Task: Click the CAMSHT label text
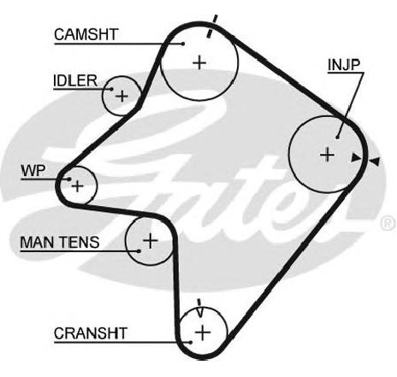pyautogui.click(x=86, y=34)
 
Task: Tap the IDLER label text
pyautogui.click(x=75, y=80)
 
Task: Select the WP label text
pyautogui.click(x=33, y=171)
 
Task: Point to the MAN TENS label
pyautogui.click(x=60, y=242)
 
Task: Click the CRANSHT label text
pyautogui.click(x=91, y=333)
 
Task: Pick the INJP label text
pyautogui.click(x=344, y=65)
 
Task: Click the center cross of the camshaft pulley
pyautogui.click(x=199, y=62)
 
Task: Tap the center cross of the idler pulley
pyautogui.click(x=122, y=96)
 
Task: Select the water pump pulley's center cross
pyautogui.click(x=77, y=186)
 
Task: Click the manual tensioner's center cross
pyautogui.click(x=150, y=241)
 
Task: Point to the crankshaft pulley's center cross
pyautogui.click(x=203, y=333)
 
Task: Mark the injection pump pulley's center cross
pyautogui.click(x=327, y=155)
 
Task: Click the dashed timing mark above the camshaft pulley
pyautogui.click(x=212, y=27)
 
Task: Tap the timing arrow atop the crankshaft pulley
pyautogui.click(x=199, y=308)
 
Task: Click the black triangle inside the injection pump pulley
pyautogui.click(x=356, y=157)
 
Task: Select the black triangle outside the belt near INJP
pyautogui.click(x=375, y=162)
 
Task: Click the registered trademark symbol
pyautogui.click(x=388, y=223)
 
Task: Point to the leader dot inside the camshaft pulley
pyautogui.click(x=183, y=44)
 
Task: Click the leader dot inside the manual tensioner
pyautogui.click(x=139, y=251)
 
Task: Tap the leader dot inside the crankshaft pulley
pyautogui.click(x=191, y=342)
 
